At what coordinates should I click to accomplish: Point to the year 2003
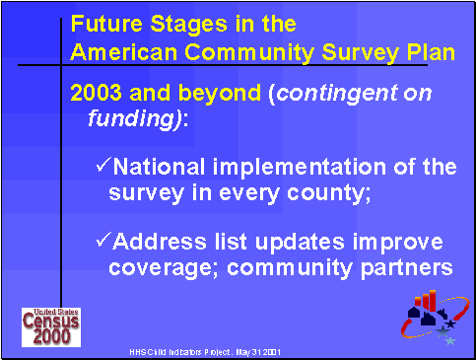[x=94, y=94]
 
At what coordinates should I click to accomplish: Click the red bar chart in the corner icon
[x=429, y=298]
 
